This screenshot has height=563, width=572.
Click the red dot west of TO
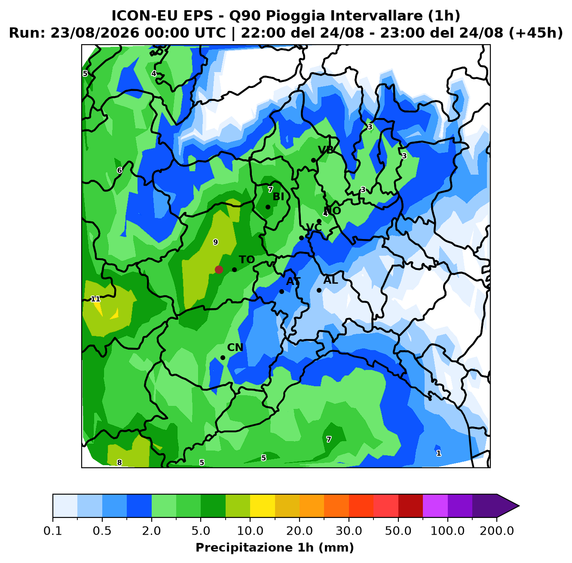click(x=219, y=269)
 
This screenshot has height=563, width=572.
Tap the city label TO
click(x=247, y=260)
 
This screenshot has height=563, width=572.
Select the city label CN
click(x=235, y=348)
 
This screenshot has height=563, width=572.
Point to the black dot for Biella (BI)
click(x=268, y=207)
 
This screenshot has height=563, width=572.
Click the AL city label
click(x=330, y=280)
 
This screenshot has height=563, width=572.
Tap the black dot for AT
click(x=281, y=291)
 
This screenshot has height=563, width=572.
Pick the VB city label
click(x=326, y=150)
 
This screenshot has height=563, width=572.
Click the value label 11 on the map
click(x=95, y=299)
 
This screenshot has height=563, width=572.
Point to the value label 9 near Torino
click(x=215, y=242)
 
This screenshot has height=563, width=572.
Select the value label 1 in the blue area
click(x=439, y=453)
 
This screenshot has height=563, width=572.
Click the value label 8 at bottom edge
click(x=119, y=463)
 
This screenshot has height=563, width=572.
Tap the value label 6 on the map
click(x=119, y=170)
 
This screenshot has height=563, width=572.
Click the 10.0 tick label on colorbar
click(x=250, y=530)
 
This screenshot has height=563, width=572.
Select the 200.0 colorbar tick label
click(x=497, y=530)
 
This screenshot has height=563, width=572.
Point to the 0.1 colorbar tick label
click(x=53, y=530)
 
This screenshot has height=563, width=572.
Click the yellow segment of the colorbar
click(x=263, y=506)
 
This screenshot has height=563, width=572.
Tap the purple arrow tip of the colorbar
click(x=519, y=506)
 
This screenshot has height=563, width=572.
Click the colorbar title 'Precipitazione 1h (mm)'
click(x=275, y=547)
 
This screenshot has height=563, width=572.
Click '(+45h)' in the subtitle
click(x=536, y=33)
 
